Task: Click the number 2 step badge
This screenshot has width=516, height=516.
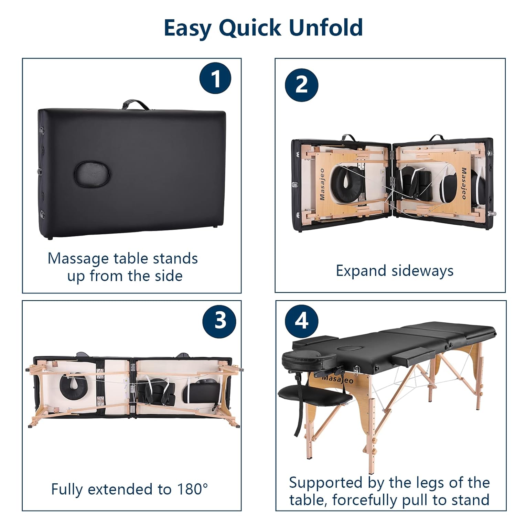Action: pos(302,85)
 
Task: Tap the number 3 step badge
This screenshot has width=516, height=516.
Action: pos(220,321)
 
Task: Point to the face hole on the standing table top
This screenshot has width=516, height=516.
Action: pos(349,348)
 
